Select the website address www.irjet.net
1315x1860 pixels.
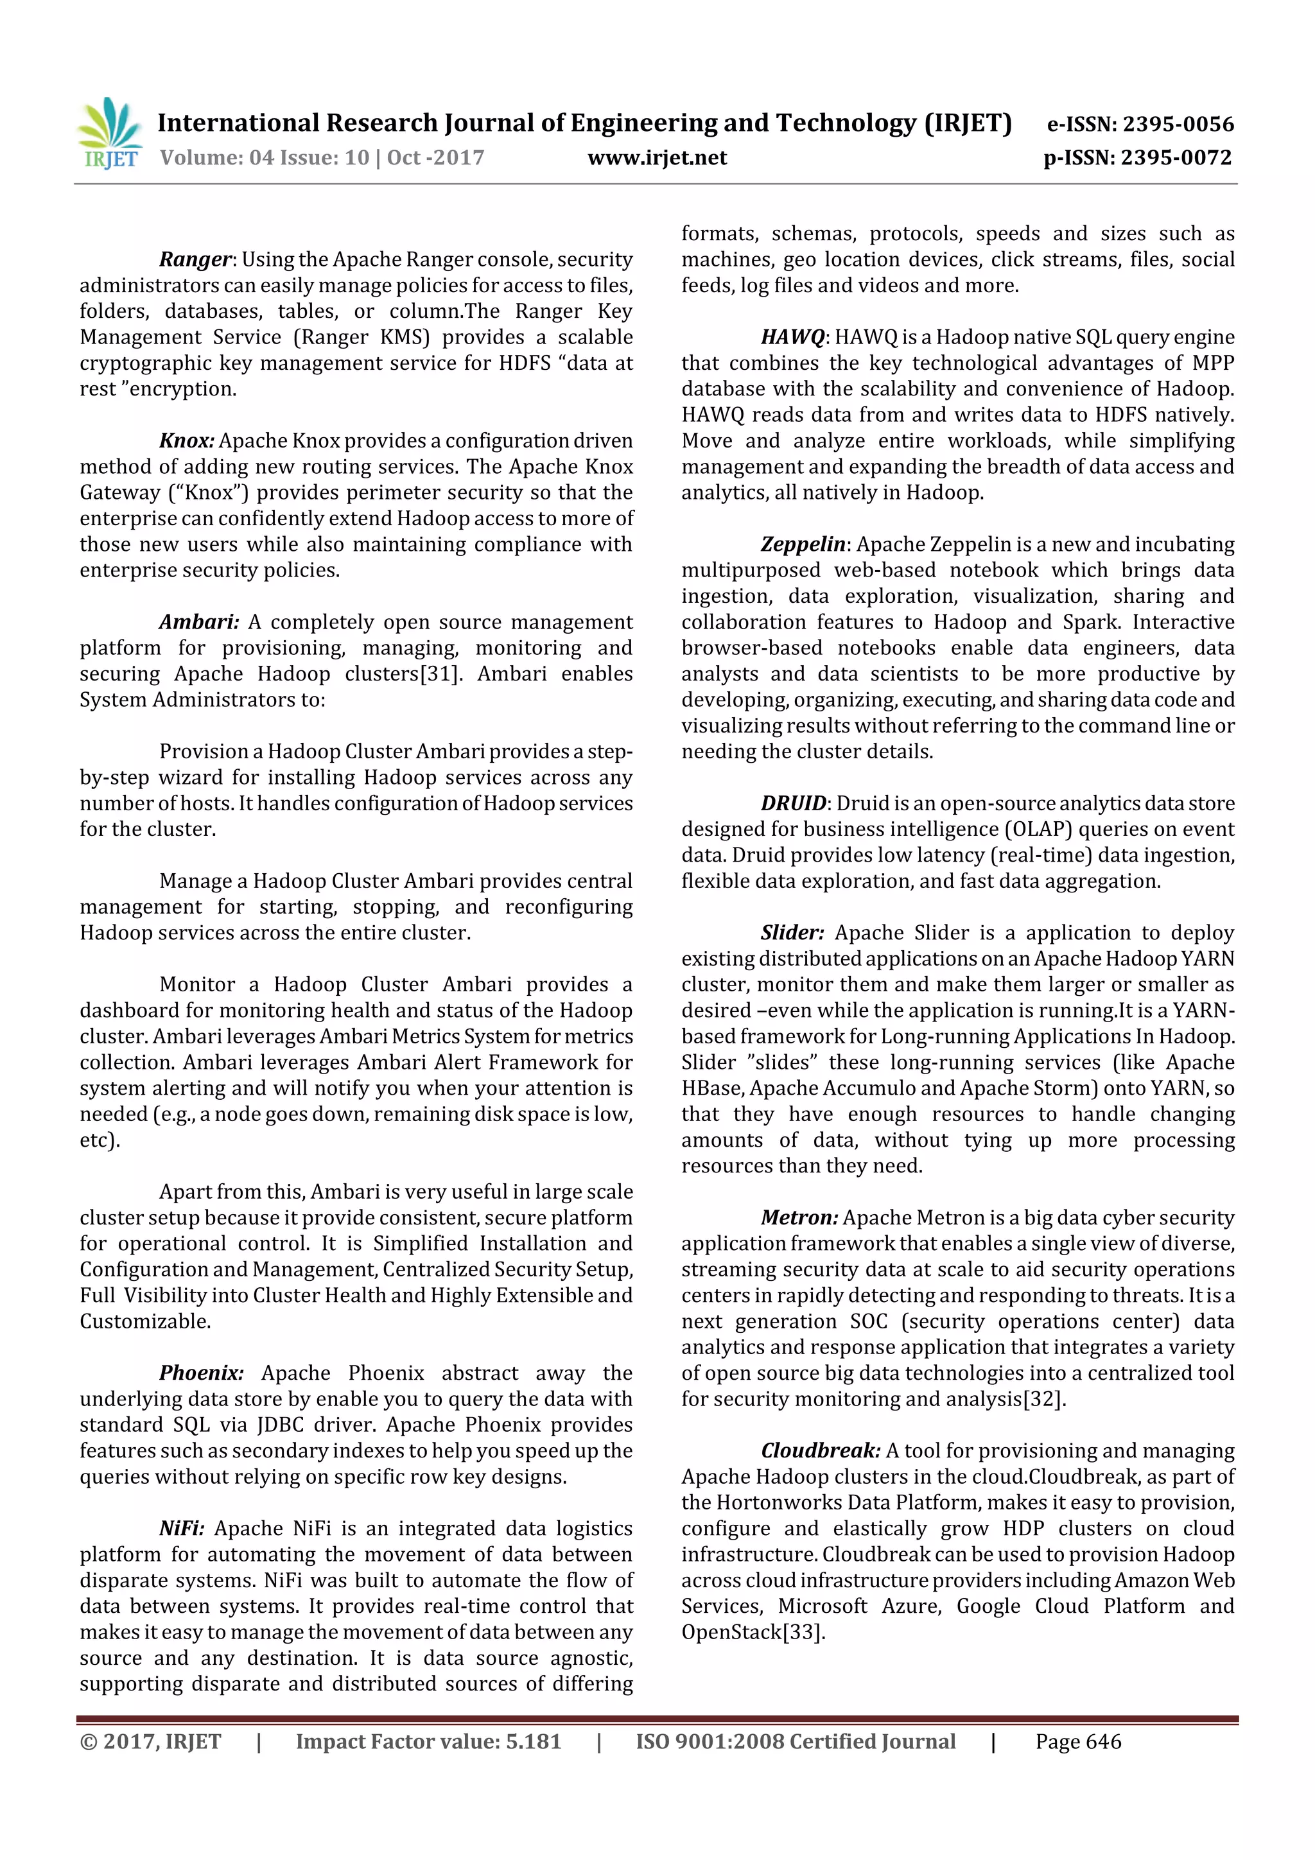[x=657, y=158]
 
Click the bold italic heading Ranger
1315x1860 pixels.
[x=195, y=259]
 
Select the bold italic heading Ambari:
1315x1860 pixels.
[x=199, y=622]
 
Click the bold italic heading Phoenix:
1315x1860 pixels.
[x=201, y=1373]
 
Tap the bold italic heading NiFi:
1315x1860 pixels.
[x=182, y=1529]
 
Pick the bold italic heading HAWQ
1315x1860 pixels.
[x=792, y=337]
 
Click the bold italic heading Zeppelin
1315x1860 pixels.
[x=802, y=544]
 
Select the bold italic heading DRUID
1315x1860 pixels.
[x=793, y=804]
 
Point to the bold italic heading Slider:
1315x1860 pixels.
[x=792, y=934]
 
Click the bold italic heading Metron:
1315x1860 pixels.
[x=799, y=1217]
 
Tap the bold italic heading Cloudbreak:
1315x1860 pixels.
[x=820, y=1451]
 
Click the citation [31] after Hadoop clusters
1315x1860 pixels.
[x=439, y=674]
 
